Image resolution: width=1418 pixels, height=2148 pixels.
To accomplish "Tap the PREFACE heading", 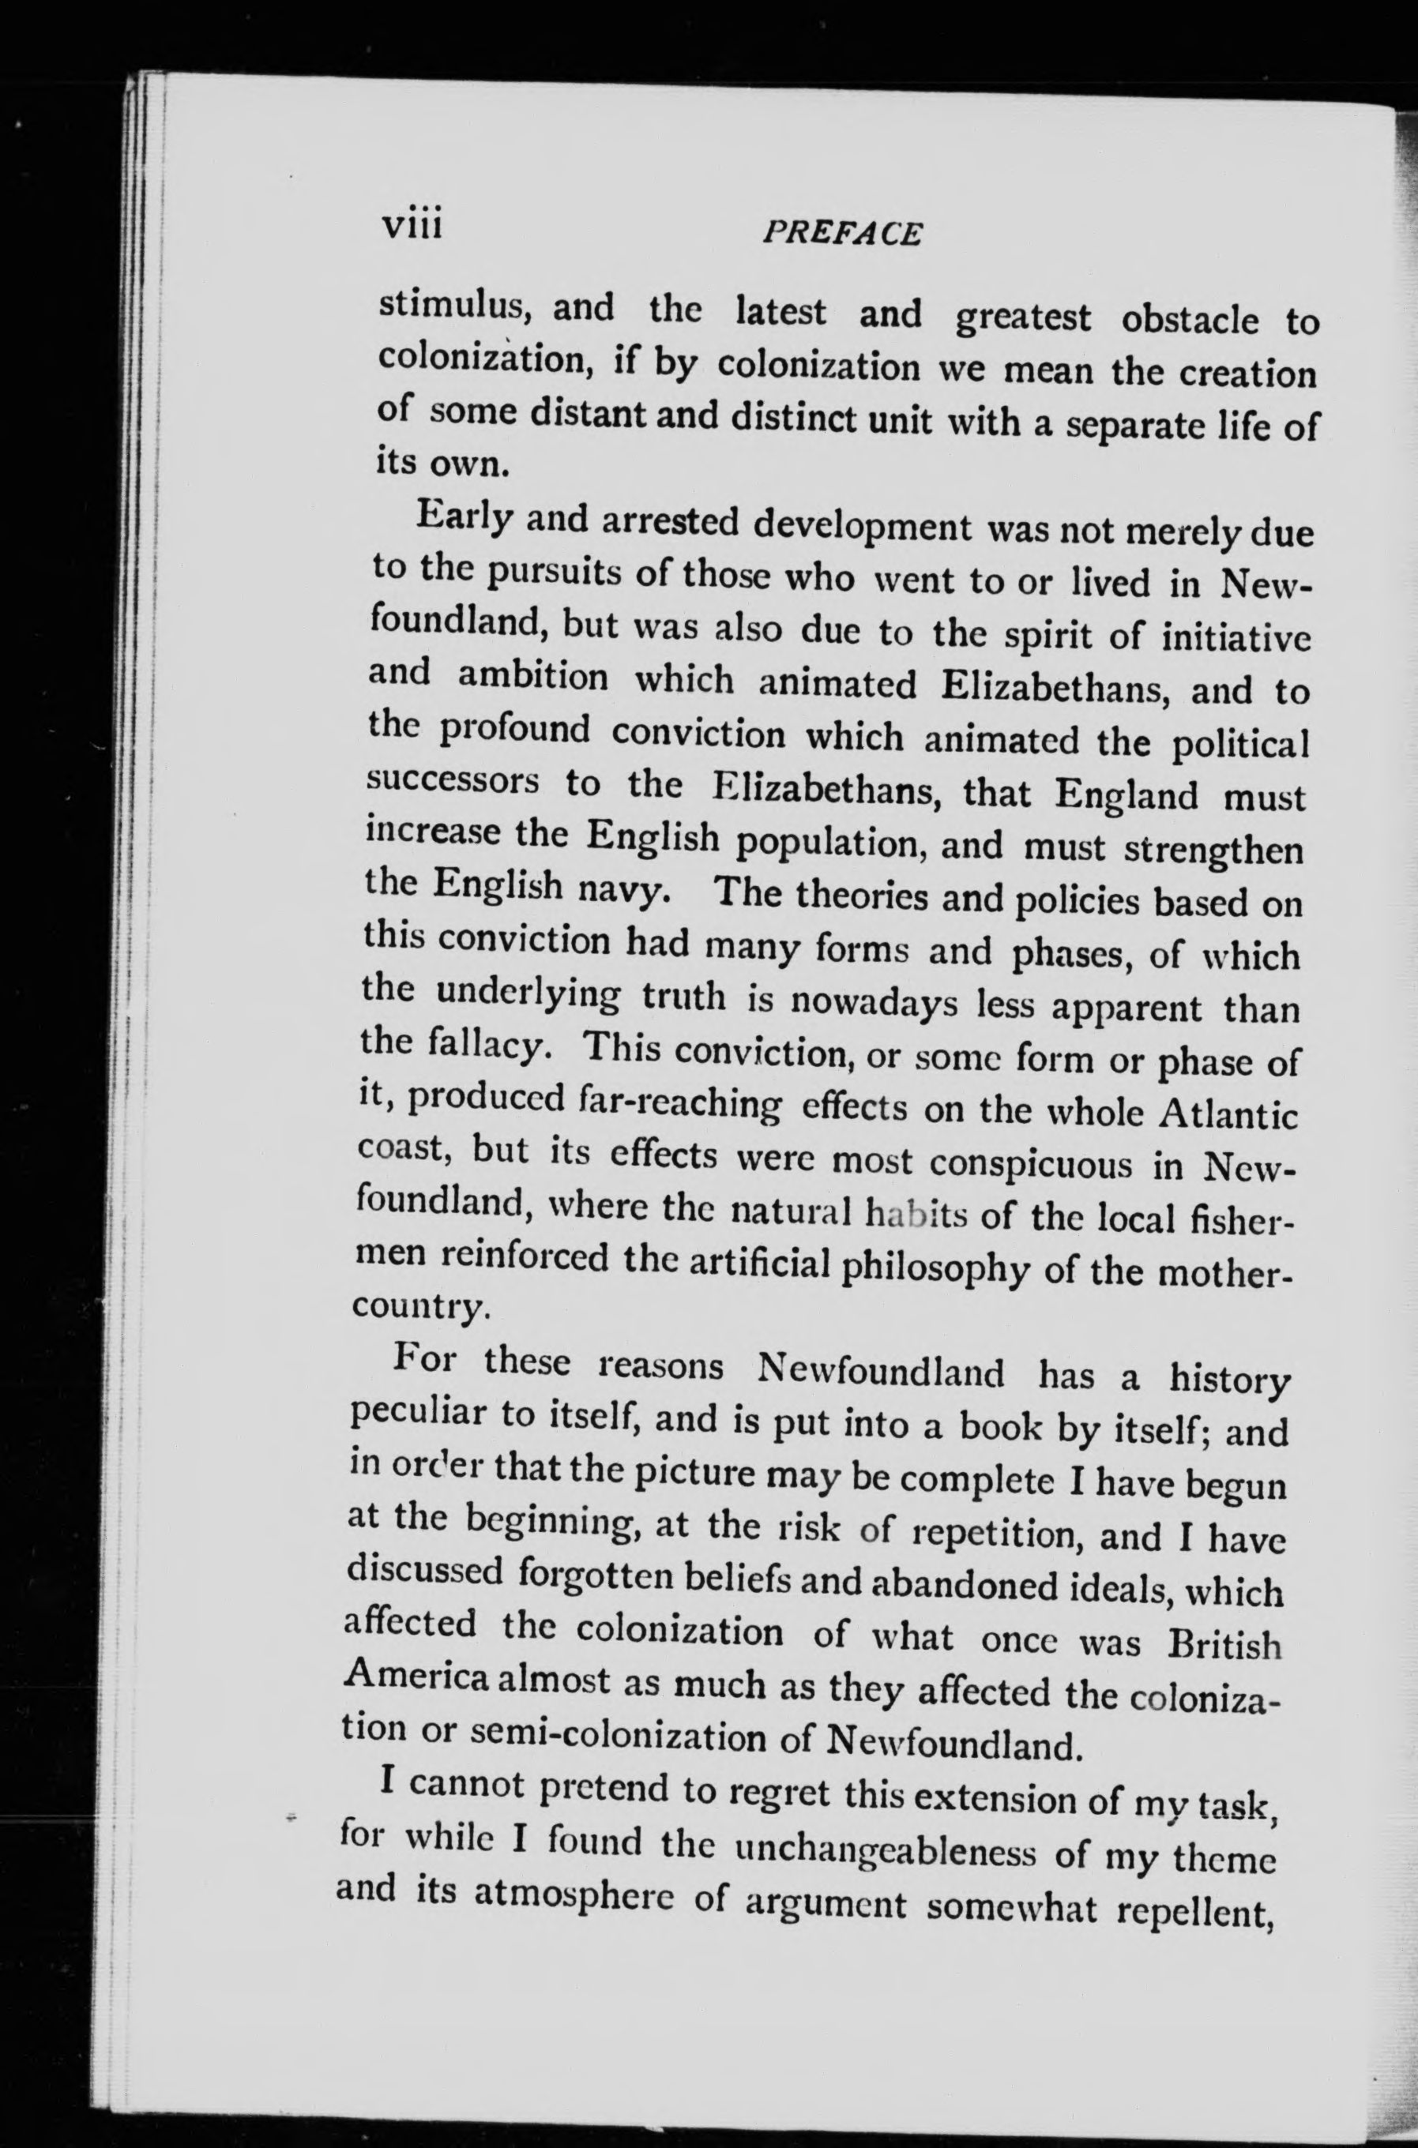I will click(842, 234).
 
